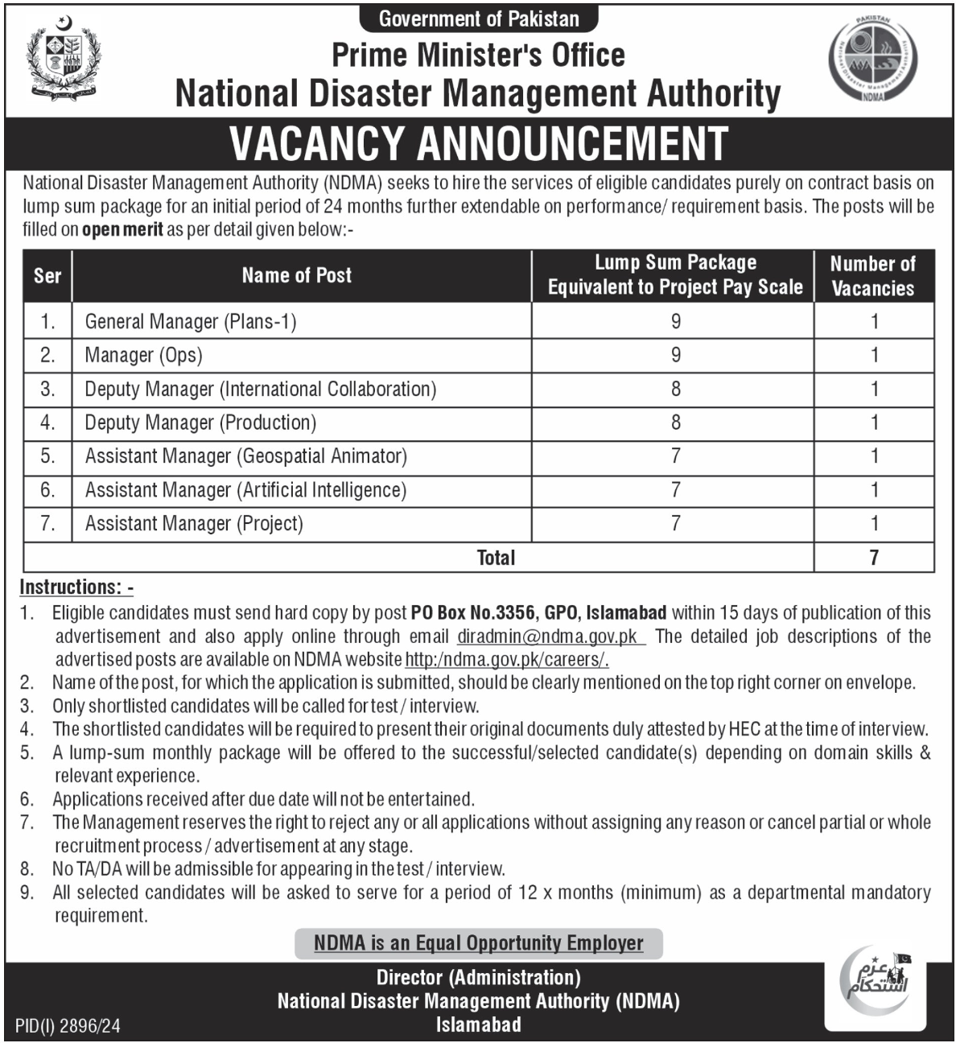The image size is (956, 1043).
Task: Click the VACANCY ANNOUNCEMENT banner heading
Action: (478, 143)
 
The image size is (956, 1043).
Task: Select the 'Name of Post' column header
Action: (297, 275)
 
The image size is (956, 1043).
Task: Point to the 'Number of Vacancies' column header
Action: (873, 275)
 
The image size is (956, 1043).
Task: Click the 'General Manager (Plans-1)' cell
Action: (191, 322)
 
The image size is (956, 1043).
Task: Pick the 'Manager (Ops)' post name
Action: (144, 356)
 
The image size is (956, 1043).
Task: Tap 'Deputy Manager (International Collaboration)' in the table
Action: (261, 390)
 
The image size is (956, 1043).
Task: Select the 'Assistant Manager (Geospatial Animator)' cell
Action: (246, 456)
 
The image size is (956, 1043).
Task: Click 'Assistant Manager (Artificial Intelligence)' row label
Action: (245, 490)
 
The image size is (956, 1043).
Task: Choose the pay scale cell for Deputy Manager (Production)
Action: (675, 423)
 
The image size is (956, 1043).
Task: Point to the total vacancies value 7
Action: (874, 557)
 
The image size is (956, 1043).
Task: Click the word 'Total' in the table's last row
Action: (496, 557)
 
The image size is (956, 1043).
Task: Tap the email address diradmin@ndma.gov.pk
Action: (547, 637)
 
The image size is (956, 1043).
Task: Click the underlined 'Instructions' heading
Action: (76, 587)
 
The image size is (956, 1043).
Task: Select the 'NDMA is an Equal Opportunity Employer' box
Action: (478, 943)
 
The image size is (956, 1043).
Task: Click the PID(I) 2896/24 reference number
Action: (68, 1026)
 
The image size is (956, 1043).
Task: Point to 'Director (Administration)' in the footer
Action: (478, 978)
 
